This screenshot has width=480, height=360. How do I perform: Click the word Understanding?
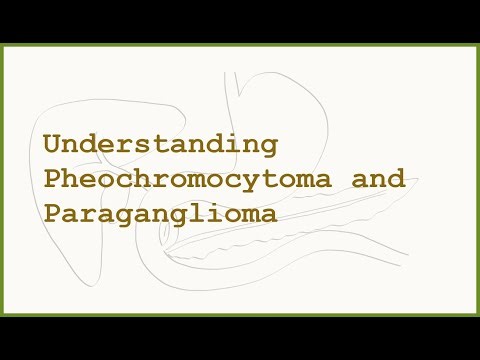click(159, 145)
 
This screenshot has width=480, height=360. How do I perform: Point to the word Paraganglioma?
click(160, 214)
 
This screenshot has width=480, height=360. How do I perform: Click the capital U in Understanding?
click(51, 145)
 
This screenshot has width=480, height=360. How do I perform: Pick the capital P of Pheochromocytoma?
click(51, 180)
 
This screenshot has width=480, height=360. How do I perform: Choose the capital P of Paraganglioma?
click(51, 214)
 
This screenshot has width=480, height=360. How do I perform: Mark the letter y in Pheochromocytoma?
click(252, 182)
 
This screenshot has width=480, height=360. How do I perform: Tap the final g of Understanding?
click(269, 147)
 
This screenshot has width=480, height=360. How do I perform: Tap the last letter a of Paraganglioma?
click(269, 215)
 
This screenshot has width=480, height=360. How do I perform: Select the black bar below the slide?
click(240, 337)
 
